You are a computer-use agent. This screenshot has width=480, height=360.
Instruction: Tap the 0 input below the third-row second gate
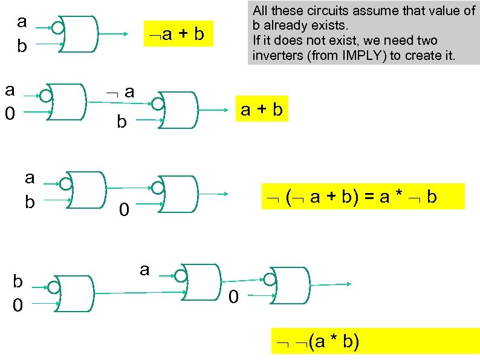point(123,211)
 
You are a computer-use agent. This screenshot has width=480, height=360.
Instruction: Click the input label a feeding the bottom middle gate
point(144,269)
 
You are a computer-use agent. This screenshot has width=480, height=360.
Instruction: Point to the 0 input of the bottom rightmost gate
point(235,298)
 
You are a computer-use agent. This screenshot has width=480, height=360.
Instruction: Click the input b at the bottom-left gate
point(18,282)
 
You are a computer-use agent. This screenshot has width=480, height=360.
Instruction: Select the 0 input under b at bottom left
point(18,306)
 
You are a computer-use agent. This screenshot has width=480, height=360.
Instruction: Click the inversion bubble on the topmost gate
point(57,27)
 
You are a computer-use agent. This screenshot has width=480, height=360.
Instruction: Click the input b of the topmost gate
point(22,47)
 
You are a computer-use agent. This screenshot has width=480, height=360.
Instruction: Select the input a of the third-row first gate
point(30,178)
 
